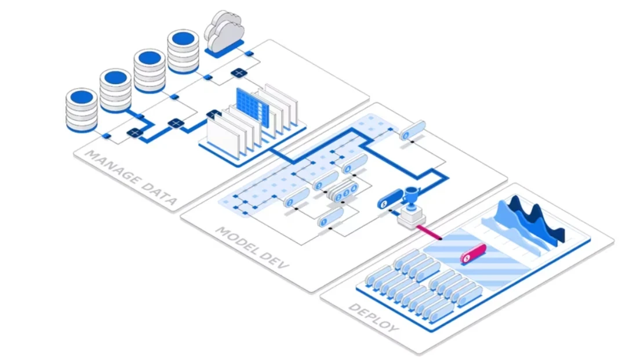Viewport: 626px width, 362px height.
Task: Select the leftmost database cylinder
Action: tap(81, 110)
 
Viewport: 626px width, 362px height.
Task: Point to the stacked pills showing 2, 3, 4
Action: tap(343, 191)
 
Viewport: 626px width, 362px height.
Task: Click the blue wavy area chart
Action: tap(530, 223)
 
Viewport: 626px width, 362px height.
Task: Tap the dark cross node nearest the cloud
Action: tap(238, 73)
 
